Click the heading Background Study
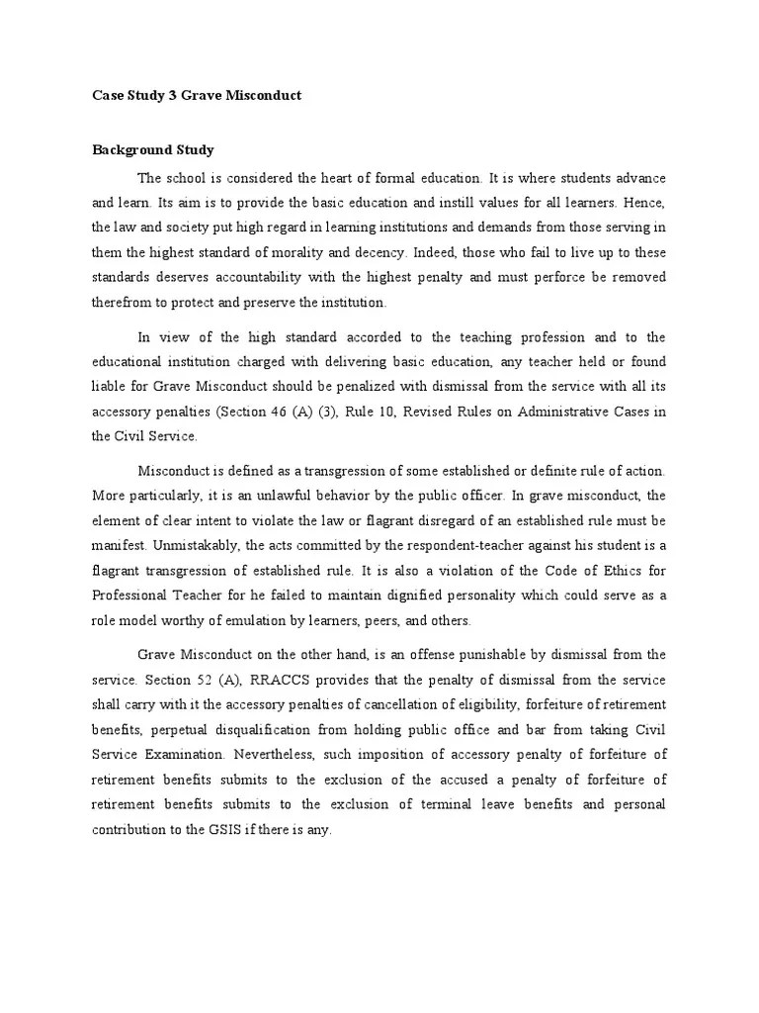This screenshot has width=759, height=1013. coord(153,150)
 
